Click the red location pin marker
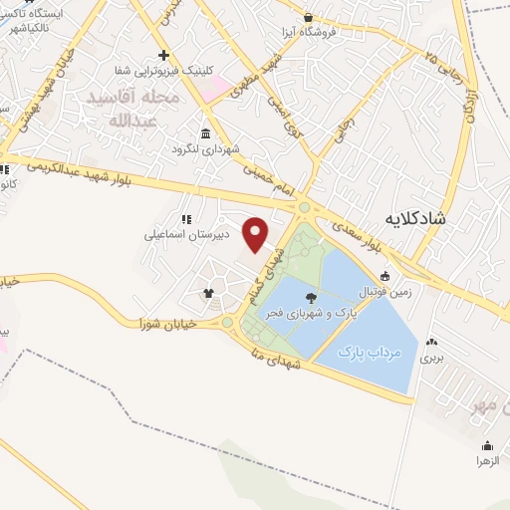point(256,235)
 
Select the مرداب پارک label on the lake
point(369,353)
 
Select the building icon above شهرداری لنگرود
point(205,134)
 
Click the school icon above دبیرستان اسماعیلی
point(185,219)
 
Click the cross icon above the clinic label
point(163,55)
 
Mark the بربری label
point(430,356)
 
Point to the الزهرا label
point(488,462)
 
